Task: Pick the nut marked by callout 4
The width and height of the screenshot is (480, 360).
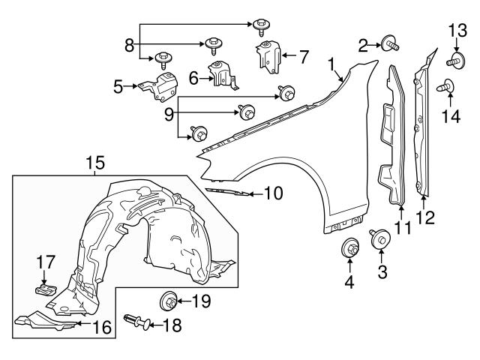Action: [x=349, y=247]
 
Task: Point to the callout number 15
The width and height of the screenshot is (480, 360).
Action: [x=95, y=162]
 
